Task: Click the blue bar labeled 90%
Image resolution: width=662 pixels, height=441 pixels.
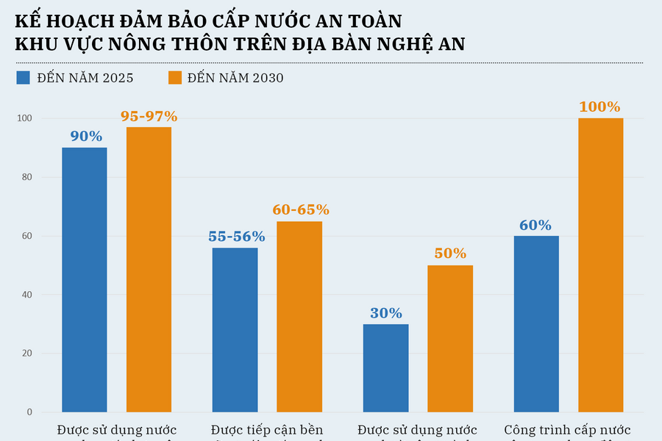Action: pos(84,279)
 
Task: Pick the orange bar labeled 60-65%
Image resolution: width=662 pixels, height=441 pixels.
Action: pos(299,316)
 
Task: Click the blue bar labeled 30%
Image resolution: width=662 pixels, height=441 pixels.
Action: pos(386,367)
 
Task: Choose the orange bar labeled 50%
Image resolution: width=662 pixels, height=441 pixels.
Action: pos(450,338)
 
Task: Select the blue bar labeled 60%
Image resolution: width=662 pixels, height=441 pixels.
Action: pos(536,323)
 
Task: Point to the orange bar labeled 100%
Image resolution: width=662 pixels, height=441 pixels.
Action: pos(600,265)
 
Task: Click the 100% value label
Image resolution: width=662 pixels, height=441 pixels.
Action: pos(599,107)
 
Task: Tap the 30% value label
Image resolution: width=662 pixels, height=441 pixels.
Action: pos(386,312)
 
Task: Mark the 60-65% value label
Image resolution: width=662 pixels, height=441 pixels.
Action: pos(301,209)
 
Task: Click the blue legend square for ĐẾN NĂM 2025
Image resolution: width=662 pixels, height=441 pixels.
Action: pos(24,78)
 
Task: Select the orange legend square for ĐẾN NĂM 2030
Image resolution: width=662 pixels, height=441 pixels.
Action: pos(174,78)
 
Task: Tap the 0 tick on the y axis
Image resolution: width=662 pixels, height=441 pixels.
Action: pos(29,412)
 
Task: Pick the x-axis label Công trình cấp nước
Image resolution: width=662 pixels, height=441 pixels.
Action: pos(567,430)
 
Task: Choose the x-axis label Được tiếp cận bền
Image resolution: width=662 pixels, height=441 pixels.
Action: pos(266,430)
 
